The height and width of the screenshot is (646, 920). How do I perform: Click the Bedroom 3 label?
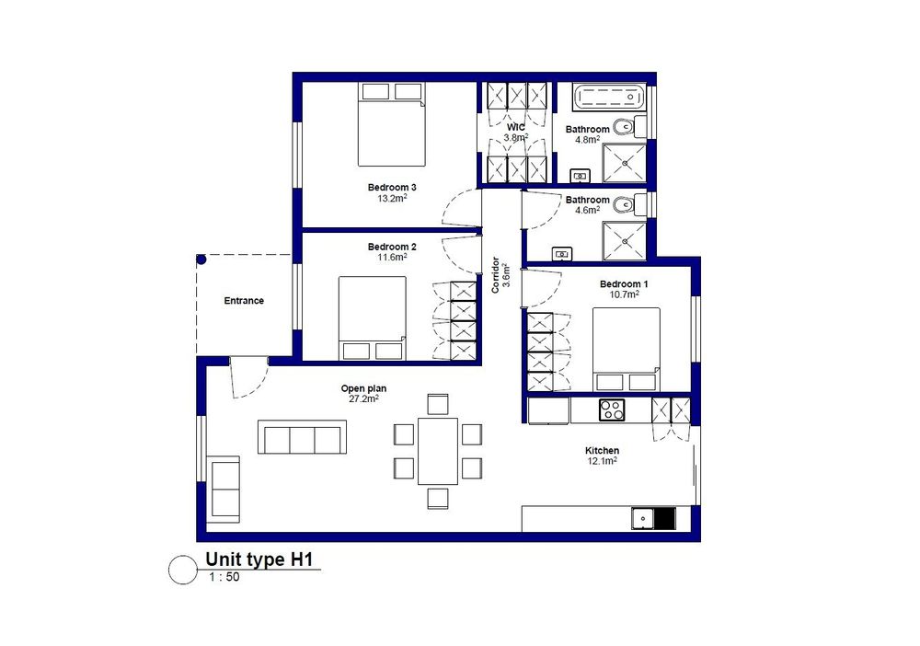[x=392, y=188]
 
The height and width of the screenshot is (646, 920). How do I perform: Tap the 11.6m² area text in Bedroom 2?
[x=392, y=257]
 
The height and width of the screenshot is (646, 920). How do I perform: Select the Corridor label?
[x=496, y=274]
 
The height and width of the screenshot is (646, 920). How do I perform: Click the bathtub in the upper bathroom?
[x=609, y=97]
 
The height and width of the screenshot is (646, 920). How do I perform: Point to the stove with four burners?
[x=612, y=410]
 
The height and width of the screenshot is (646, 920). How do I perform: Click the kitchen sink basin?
[x=642, y=519]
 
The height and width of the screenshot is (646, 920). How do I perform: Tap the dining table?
[x=438, y=451]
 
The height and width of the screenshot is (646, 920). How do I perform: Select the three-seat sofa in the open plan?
[x=302, y=437]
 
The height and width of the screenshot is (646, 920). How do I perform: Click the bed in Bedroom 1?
[x=626, y=349]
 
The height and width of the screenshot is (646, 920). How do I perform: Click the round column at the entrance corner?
[x=201, y=259]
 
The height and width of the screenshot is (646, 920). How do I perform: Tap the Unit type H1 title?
[x=259, y=559]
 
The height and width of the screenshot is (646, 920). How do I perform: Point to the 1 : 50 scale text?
[x=224, y=577]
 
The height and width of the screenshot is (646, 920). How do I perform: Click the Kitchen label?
[x=602, y=451]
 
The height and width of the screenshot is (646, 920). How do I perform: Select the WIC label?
[x=516, y=127]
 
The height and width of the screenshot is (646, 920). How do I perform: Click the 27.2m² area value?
[x=363, y=399]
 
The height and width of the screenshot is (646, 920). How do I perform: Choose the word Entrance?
[x=244, y=300]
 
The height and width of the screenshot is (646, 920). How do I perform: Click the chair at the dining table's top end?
[x=438, y=404]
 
